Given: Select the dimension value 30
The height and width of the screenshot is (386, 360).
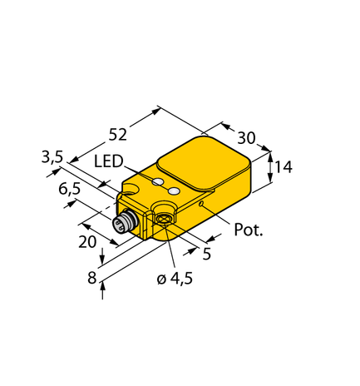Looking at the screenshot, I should point(246,138).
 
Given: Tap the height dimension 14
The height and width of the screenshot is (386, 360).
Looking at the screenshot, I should point(284,167).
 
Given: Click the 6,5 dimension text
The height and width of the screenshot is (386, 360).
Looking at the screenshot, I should point(71,190).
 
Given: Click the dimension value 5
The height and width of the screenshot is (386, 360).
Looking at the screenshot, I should point(206,255).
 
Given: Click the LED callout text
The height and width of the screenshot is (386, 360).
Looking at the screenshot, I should point(109,161).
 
